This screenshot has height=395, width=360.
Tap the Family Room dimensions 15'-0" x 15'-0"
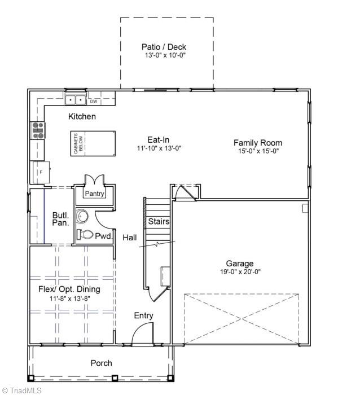(x=257, y=151)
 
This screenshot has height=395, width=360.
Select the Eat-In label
(x=159, y=140)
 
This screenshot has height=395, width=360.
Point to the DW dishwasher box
(x=94, y=102)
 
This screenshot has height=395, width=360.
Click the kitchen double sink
(x=75, y=100)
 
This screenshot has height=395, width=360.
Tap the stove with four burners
(x=38, y=130)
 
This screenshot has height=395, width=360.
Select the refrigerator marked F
(x=41, y=170)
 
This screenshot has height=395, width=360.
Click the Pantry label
(x=94, y=194)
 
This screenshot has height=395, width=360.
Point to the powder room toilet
(x=85, y=234)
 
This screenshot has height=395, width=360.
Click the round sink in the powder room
(x=84, y=216)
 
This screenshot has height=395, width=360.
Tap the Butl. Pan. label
(x=60, y=219)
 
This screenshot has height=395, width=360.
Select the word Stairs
(x=159, y=222)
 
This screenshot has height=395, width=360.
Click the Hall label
(x=130, y=238)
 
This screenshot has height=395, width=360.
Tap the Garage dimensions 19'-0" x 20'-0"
(x=239, y=271)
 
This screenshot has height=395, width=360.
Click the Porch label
(x=101, y=363)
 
